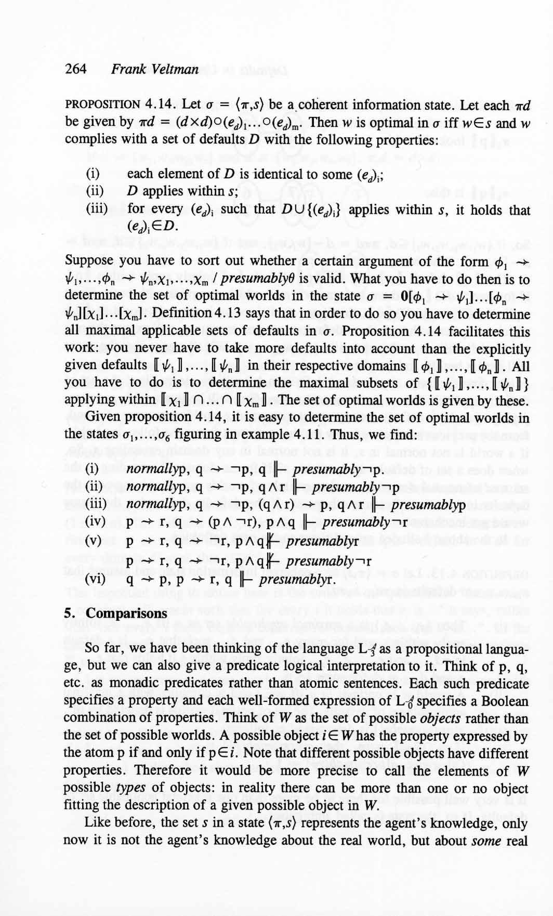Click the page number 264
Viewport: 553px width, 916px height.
[x=76, y=69]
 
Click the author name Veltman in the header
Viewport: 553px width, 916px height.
[x=175, y=69]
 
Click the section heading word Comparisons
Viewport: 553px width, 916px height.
[x=127, y=613]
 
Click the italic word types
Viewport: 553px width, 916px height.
[x=129, y=789]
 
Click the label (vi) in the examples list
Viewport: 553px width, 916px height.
[x=96, y=579]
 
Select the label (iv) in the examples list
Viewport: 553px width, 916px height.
[x=96, y=522]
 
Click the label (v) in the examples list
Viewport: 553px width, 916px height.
[x=95, y=540]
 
